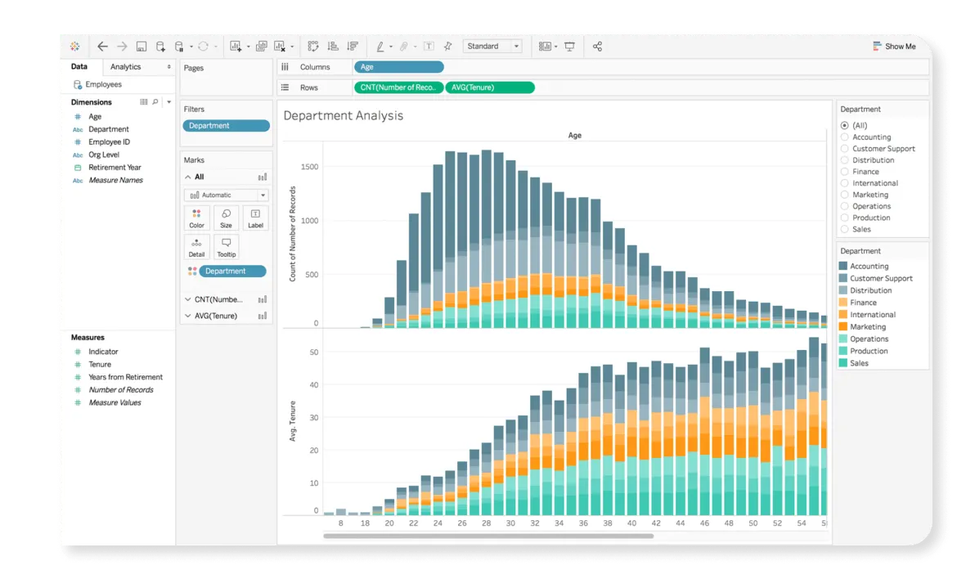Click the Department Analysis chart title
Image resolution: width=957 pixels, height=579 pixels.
(x=344, y=116)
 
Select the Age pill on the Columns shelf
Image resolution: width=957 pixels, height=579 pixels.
(x=398, y=67)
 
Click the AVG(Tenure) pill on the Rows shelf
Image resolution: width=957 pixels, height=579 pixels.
(x=489, y=88)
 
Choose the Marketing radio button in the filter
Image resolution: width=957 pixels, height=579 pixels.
(x=845, y=195)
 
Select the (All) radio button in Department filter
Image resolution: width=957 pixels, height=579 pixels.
(x=845, y=125)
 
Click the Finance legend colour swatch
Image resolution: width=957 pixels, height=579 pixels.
(x=843, y=303)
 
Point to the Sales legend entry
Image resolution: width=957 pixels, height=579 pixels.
(x=859, y=363)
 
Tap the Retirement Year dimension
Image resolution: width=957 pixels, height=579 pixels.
(x=115, y=168)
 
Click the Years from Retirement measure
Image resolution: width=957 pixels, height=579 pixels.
(x=125, y=377)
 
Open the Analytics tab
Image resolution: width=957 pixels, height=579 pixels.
(x=126, y=67)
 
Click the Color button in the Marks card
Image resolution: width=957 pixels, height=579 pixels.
(x=197, y=218)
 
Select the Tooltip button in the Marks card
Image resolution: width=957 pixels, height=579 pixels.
(x=226, y=247)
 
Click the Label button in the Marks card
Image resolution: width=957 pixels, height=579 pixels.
(x=255, y=218)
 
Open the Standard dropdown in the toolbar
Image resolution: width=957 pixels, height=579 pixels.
(x=492, y=47)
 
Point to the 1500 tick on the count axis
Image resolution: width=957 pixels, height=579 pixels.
(x=309, y=167)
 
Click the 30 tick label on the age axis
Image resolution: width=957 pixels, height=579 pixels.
(x=510, y=523)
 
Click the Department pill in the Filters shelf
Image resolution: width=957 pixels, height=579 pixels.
(x=226, y=126)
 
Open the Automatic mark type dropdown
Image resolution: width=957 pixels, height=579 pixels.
(x=226, y=195)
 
